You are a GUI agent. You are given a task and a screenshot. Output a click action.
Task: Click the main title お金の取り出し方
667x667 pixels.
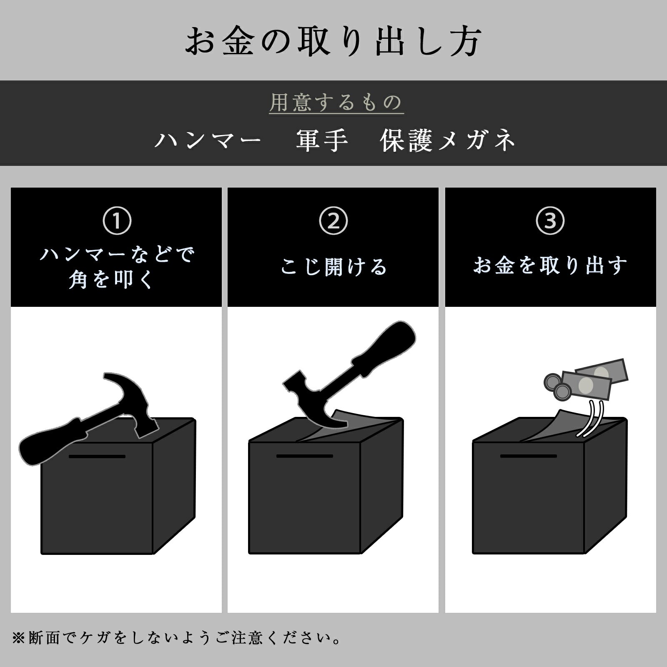pyautogui.click(x=333, y=41)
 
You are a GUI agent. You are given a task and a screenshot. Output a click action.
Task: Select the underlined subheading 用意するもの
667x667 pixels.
pyautogui.click(x=336, y=102)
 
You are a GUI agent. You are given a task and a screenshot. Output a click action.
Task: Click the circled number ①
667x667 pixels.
pyautogui.click(x=117, y=221)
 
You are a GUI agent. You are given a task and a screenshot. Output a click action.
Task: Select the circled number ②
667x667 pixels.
pyautogui.click(x=333, y=221)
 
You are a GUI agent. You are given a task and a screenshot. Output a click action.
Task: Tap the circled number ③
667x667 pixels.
pyautogui.click(x=550, y=221)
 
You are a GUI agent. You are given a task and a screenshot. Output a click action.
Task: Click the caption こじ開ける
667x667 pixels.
pyautogui.click(x=333, y=266)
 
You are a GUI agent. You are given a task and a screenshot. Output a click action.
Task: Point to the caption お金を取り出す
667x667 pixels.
pyautogui.click(x=550, y=266)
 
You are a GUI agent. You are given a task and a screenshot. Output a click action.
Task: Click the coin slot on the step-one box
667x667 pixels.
pyautogui.click(x=97, y=456)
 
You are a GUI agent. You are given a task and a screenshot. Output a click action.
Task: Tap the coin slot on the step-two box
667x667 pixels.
pyautogui.click(x=305, y=456)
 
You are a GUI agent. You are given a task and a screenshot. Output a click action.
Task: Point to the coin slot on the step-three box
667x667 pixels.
pyautogui.click(x=529, y=456)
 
